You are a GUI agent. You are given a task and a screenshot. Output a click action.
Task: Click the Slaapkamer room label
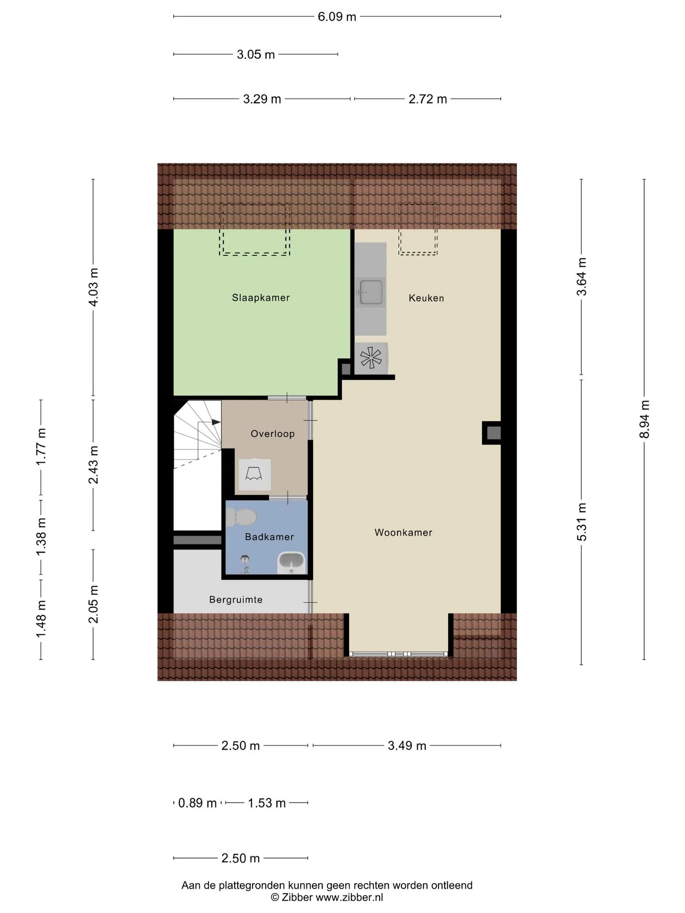(261, 298)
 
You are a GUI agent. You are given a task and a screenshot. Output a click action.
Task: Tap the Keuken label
(426, 298)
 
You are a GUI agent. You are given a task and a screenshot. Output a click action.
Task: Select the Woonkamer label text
(403, 533)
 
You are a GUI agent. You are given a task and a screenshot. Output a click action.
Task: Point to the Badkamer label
(269, 537)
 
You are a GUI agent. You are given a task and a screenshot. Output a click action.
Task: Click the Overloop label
(273, 434)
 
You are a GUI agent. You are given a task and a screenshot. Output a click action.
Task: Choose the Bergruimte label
(236, 600)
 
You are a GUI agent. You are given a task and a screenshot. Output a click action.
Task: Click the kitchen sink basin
(371, 292)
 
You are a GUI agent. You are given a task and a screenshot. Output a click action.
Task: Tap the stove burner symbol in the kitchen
(371, 358)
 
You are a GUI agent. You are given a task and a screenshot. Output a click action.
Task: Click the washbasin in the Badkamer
(292, 563)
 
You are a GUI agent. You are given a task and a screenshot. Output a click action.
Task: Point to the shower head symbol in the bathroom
(245, 564)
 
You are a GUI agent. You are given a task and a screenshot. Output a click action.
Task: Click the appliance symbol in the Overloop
(254, 475)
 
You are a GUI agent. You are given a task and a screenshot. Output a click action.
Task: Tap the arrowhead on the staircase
(216, 422)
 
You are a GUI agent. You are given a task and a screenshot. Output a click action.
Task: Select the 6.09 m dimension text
(337, 17)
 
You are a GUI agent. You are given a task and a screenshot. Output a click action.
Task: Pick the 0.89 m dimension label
(197, 803)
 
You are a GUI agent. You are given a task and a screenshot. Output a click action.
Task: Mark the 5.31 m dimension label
(581, 522)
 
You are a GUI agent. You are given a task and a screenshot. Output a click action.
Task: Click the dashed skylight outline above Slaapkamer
(254, 254)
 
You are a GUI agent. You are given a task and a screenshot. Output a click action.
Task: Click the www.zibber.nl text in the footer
(349, 897)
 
